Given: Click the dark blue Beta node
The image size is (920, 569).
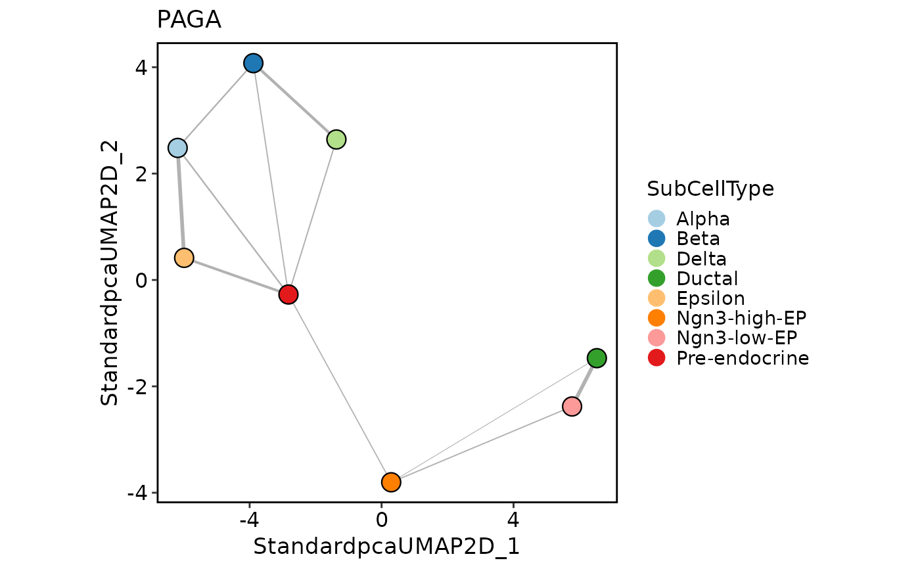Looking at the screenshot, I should click(254, 63).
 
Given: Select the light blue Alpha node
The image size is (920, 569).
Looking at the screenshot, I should click(177, 148).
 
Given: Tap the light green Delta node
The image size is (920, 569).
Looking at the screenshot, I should click(336, 139).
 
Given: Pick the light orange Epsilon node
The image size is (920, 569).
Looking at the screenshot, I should click(184, 258).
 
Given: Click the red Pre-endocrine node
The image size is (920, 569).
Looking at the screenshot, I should click(288, 294).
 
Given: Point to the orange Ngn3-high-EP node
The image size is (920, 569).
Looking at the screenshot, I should click(391, 482).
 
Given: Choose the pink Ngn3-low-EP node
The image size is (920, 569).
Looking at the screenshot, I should click(572, 407).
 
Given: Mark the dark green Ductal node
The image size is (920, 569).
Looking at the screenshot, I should click(597, 358).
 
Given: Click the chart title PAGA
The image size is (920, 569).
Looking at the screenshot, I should click(189, 21).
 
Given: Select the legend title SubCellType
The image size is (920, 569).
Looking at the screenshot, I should click(710, 189).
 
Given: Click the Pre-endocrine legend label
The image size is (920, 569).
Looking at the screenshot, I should click(743, 358).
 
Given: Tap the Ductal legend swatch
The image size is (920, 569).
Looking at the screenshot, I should click(656, 279).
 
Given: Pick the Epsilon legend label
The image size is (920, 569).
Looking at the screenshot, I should click(710, 298).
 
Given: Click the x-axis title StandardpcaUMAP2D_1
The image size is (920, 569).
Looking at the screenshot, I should click(386, 547).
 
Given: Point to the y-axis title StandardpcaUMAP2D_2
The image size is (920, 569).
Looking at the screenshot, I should click(110, 273).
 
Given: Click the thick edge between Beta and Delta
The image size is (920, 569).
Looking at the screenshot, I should click(295, 101).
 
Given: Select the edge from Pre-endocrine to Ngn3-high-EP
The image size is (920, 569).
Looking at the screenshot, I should click(340, 388).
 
